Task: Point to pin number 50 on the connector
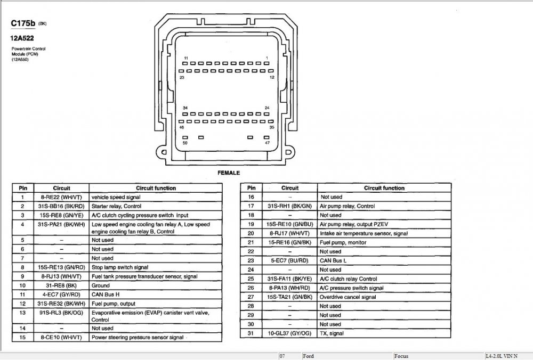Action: (185, 143)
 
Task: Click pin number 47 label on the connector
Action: (267, 143)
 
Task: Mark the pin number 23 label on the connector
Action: (182, 78)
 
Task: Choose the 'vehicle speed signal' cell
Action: (114, 197)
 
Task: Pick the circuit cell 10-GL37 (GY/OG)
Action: (290, 333)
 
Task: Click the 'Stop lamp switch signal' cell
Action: (120, 267)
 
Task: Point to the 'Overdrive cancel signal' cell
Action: (347, 297)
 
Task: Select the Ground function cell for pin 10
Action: (101, 285)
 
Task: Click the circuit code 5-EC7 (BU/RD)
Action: (290, 260)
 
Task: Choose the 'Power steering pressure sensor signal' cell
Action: (138, 337)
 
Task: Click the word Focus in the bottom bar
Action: (402, 356)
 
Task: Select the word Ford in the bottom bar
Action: (309, 356)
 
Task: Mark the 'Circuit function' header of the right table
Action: (384, 188)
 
